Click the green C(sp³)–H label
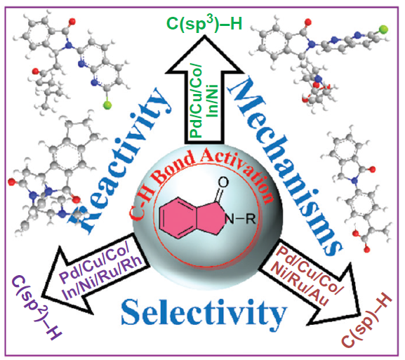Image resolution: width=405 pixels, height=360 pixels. [204, 24]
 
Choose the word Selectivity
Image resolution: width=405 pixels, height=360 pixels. [204, 313]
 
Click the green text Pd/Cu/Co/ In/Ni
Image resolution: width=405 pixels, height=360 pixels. [204, 100]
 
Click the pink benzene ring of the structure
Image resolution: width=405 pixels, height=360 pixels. [178, 218]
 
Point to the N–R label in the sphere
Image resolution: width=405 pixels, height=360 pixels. [240, 219]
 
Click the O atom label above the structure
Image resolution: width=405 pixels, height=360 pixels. [223, 182]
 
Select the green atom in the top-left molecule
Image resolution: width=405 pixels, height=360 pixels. [107, 105]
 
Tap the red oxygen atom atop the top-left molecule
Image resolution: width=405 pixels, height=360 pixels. [72, 21]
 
